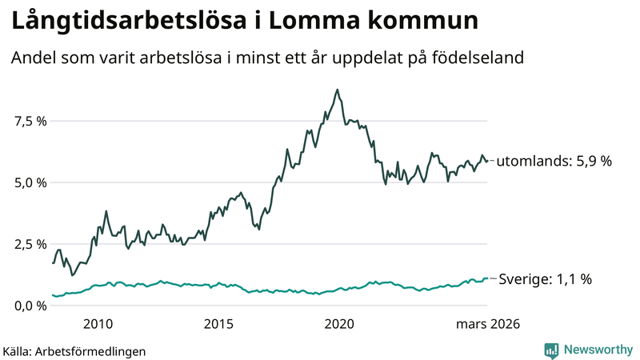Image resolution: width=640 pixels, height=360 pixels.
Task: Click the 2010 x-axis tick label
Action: click(x=97, y=324)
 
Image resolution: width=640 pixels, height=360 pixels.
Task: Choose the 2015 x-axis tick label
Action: click(x=218, y=324)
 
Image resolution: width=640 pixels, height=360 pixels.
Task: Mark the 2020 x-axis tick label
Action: click(x=341, y=324)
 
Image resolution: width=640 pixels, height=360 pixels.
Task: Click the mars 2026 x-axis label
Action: click(x=488, y=324)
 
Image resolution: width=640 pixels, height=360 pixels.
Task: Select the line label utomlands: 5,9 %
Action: click(x=554, y=162)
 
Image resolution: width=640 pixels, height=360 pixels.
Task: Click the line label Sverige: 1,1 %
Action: click(x=545, y=279)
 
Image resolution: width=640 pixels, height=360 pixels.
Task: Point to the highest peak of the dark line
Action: click(x=337, y=90)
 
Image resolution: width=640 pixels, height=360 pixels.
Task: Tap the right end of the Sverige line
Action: click(x=487, y=278)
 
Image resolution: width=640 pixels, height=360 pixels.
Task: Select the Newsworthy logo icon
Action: click(x=552, y=350)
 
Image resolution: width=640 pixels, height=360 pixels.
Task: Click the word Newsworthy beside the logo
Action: click(x=596, y=350)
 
